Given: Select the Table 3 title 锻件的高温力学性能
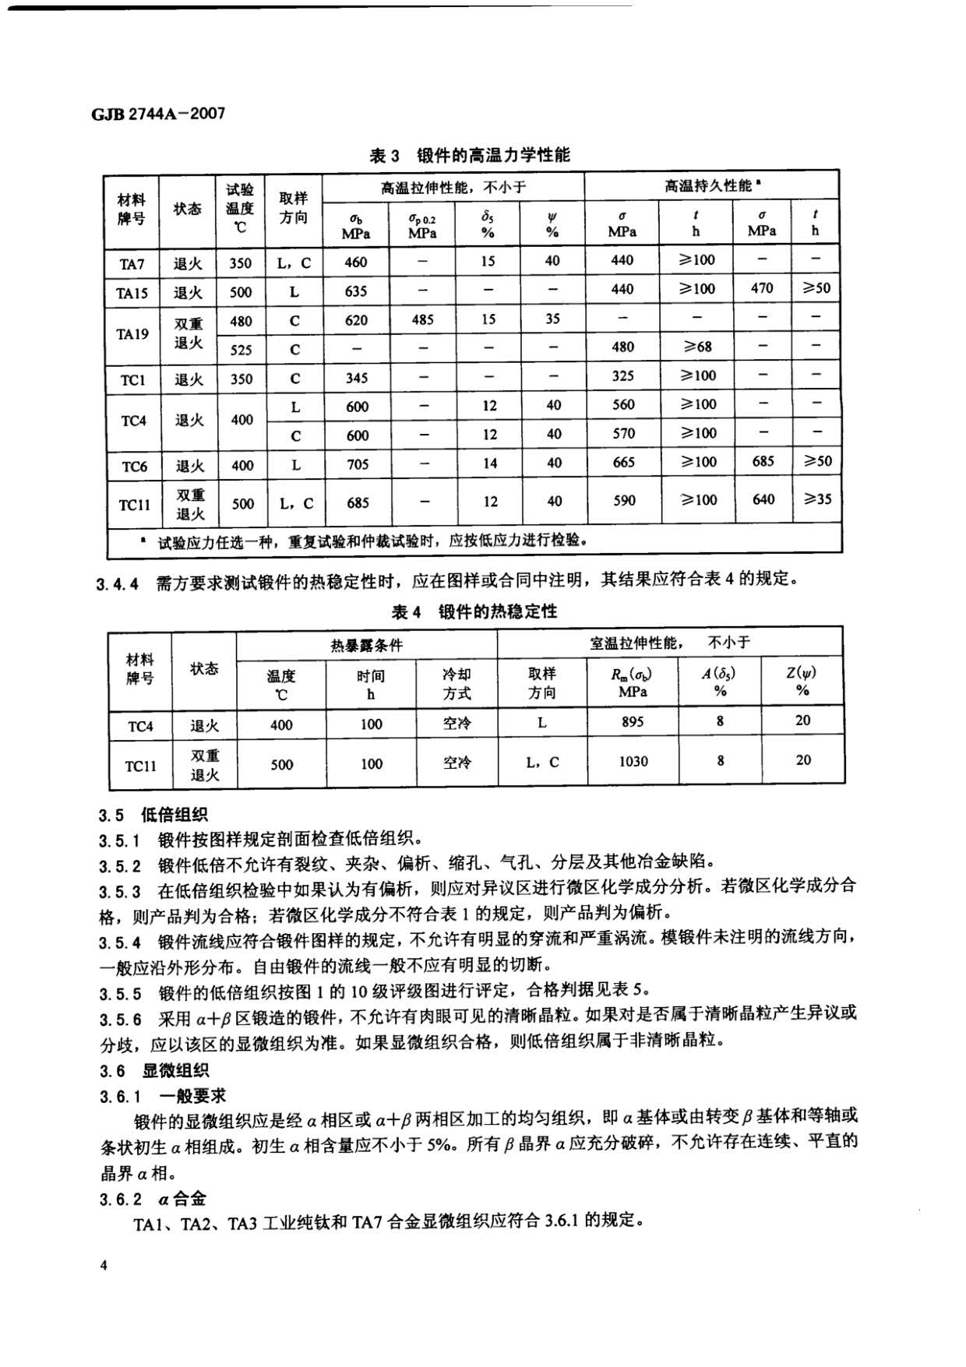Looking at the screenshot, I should pos(470,156).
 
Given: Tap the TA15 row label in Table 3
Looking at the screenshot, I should pos(132,293).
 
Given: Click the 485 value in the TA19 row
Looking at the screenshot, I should pos(422,319).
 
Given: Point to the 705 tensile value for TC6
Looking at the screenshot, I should pos(358,464).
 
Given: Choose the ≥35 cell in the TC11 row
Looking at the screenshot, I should pos(816,499).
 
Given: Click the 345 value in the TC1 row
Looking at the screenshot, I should pos(357,378).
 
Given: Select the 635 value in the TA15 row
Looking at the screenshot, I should pos(356,291).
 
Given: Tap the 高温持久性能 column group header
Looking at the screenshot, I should pos(710,186).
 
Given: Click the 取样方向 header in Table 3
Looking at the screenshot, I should pos(294,208).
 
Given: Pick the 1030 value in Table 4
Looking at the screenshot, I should pos(633,761).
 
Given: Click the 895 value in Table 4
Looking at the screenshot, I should pos(633,721).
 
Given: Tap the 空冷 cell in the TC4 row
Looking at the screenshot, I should pos(457,723).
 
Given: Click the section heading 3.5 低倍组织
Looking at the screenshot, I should pos(153,816).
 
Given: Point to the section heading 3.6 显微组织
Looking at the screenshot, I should pos(153,1071).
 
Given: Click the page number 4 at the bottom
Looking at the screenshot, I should pos(104,1265).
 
